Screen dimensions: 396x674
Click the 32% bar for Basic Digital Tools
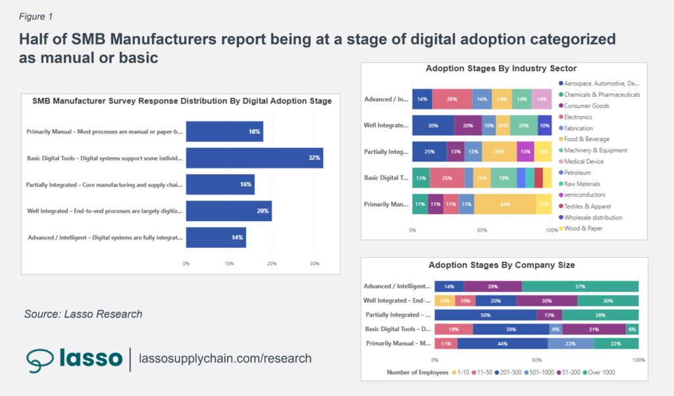pos(254,158)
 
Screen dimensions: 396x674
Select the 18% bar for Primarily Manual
pos(224,132)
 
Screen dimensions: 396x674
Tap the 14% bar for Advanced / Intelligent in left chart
pos(216,237)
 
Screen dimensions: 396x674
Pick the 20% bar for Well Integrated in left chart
pos(228,211)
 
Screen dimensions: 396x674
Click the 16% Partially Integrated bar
pos(220,185)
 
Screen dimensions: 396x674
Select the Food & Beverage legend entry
pos(586,139)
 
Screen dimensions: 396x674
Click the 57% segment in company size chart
pos(580,287)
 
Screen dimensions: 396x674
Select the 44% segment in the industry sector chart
pos(505,205)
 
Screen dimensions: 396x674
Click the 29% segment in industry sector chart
pos(452,99)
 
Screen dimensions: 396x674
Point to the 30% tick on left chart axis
pos(315,264)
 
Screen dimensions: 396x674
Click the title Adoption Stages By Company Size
pos(502,265)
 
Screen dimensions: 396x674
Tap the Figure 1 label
pos(37,16)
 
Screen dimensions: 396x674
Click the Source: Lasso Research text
pos(83,314)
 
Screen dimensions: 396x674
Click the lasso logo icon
pos(41,359)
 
